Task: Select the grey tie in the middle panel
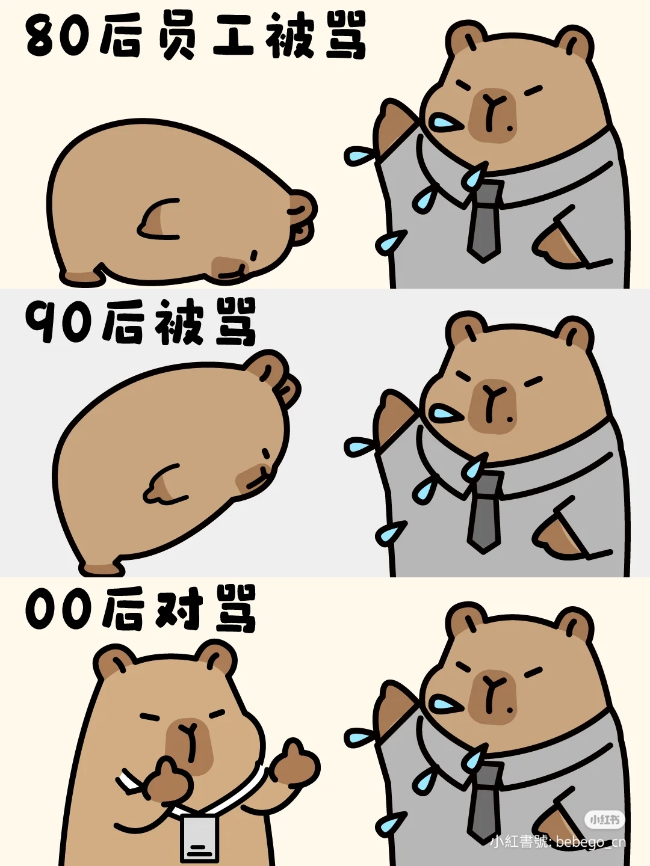pos(484,512)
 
